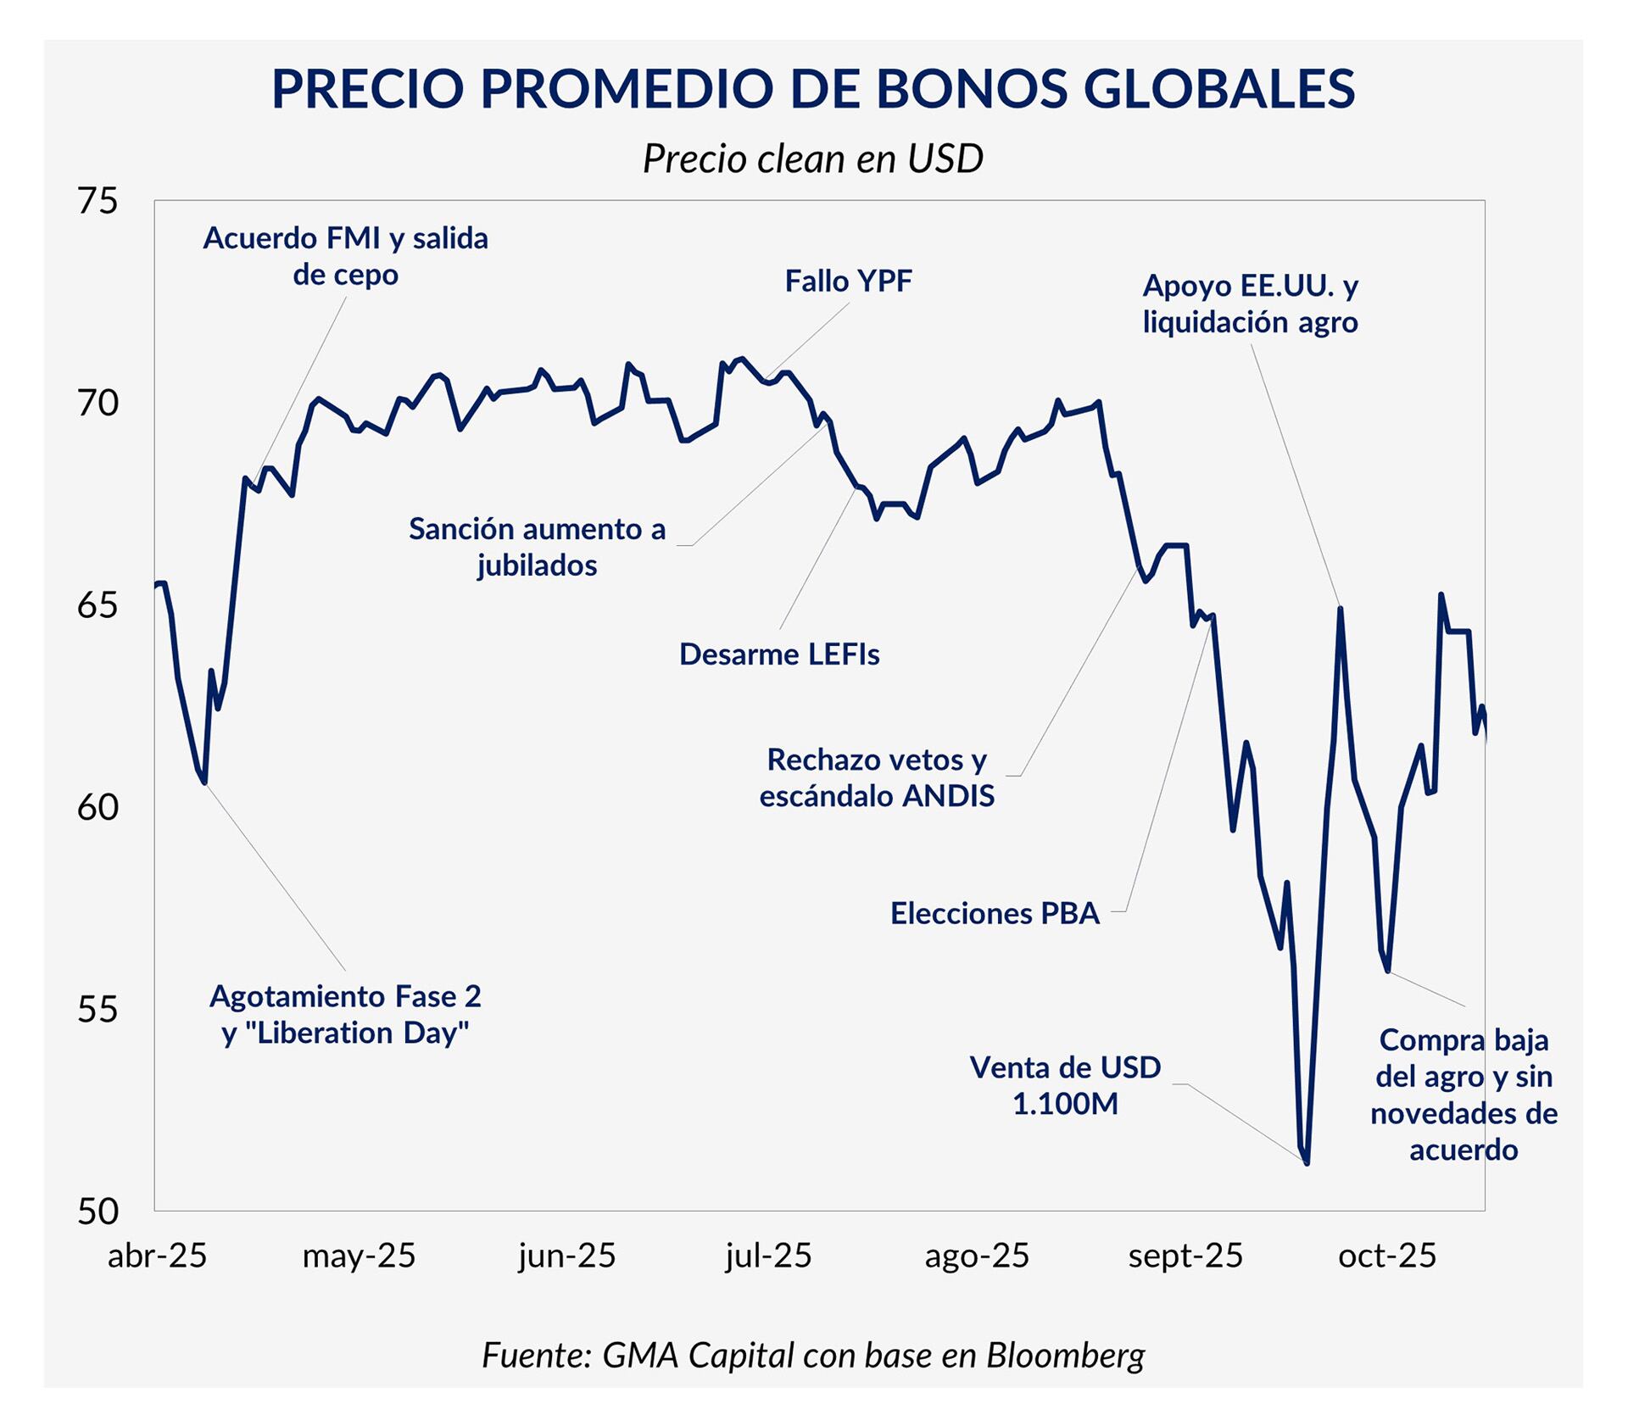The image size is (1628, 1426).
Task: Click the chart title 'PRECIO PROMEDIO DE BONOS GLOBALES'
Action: pos(812,88)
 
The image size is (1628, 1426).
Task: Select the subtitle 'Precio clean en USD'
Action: pos(812,159)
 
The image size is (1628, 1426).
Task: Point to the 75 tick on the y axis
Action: pos(98,202)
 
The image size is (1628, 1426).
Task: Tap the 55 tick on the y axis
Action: pos(98,1010)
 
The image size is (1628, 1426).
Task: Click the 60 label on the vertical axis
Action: pos(98,808)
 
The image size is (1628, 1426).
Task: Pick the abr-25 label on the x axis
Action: pos(157,1256)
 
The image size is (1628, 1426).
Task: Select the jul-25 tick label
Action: pos(768,1256)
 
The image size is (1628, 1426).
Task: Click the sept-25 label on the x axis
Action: pos(1185,1256)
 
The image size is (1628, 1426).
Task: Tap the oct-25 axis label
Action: pos(1387,1256)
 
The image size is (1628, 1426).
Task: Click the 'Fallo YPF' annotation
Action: pos(848,281)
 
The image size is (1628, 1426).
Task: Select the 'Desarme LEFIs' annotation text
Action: pos(779,655)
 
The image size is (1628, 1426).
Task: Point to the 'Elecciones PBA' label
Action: pos(995,914)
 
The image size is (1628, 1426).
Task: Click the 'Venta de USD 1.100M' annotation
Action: pos(1065,1085)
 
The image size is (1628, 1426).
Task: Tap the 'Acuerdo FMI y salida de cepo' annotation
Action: pos(345,256)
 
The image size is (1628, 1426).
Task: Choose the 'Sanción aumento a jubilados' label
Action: pos(537,547)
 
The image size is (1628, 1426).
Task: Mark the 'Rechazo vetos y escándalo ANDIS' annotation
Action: pos(877,777)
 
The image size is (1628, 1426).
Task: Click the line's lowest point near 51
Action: pos(1307,1163)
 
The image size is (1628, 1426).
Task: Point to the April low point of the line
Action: pos(204,783)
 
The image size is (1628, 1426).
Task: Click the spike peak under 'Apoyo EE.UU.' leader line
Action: pos(1341,608)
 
